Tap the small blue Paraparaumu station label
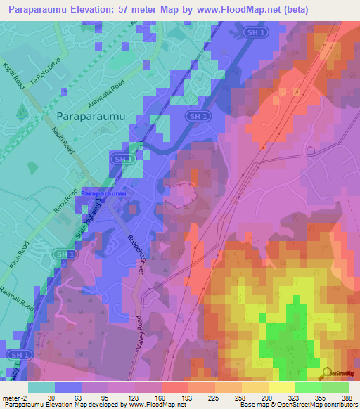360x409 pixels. click(x=103, y=193)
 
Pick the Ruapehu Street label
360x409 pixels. click(x=134, y=256)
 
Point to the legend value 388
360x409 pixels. click(x=346, y=398)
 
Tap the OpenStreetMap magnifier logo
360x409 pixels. click(x=327, y=372)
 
